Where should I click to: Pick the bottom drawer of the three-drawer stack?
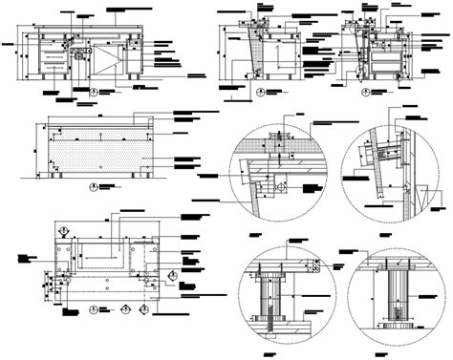(54, 72)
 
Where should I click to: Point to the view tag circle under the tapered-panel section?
(263, 93)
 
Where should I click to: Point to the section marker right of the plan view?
(172, 277)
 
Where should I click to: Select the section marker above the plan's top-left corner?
(61, 230)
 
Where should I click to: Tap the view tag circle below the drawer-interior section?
(366, 93)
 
